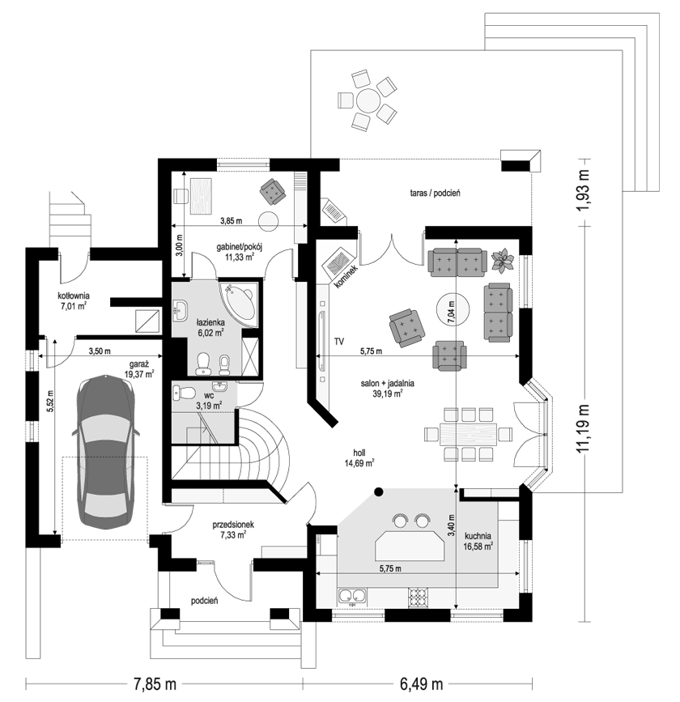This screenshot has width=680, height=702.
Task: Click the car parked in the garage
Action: click(106, 451)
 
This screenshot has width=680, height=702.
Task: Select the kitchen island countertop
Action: click(410, 545)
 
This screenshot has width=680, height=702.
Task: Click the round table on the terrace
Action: click(368, 100)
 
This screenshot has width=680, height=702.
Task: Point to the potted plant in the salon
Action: click(502, 261)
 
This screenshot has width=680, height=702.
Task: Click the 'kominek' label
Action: click(346, 277)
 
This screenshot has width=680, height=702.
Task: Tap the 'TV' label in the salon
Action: click(339, 342)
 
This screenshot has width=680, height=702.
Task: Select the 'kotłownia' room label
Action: click(74, 296)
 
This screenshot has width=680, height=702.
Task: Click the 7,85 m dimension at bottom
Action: click(155, 683)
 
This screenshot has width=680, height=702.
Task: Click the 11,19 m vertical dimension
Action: click(583, 428)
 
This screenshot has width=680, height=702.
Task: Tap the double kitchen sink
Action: click(352, 597)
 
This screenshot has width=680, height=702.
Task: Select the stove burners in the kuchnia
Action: click(418, 597)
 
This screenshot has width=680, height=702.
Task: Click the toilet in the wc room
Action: click(184, 394)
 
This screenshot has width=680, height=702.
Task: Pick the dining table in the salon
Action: click(468, 434)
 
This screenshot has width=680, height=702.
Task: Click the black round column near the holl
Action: click(379, 492)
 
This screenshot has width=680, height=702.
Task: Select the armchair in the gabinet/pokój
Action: click(273, 192)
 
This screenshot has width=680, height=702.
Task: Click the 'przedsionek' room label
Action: click(233, 524)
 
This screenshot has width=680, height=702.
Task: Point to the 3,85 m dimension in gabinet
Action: click(231, 220)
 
